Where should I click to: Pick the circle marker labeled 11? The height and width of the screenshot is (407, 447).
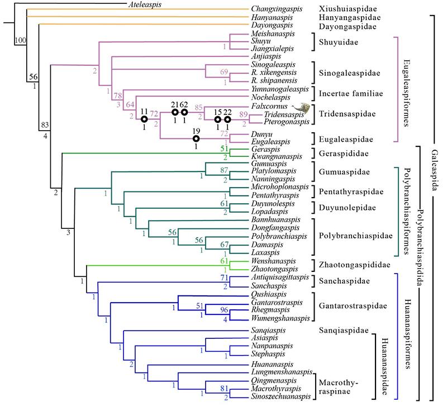(x=144, y=119)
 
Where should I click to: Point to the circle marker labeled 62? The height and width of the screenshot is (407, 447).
(x=184, y=112)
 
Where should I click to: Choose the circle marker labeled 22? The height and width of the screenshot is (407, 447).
(x=227, y=119)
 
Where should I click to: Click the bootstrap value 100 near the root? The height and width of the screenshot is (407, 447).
(x=20, y=40)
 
